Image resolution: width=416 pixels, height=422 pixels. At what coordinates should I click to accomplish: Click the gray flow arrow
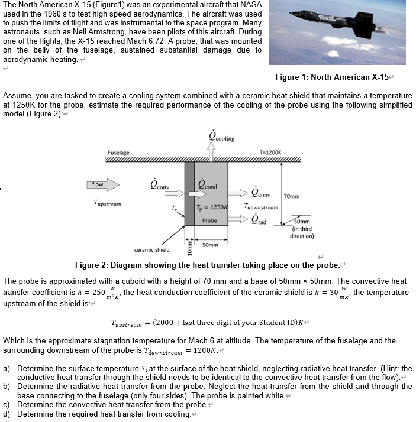(104, 185)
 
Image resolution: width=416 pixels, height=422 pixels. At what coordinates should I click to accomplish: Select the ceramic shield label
(151, 249)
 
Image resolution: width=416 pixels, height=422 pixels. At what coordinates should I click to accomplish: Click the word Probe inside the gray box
(209, 220)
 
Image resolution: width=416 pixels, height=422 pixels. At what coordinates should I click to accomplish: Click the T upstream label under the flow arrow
(107, 203)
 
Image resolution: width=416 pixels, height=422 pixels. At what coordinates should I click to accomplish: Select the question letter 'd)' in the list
(8, 413)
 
